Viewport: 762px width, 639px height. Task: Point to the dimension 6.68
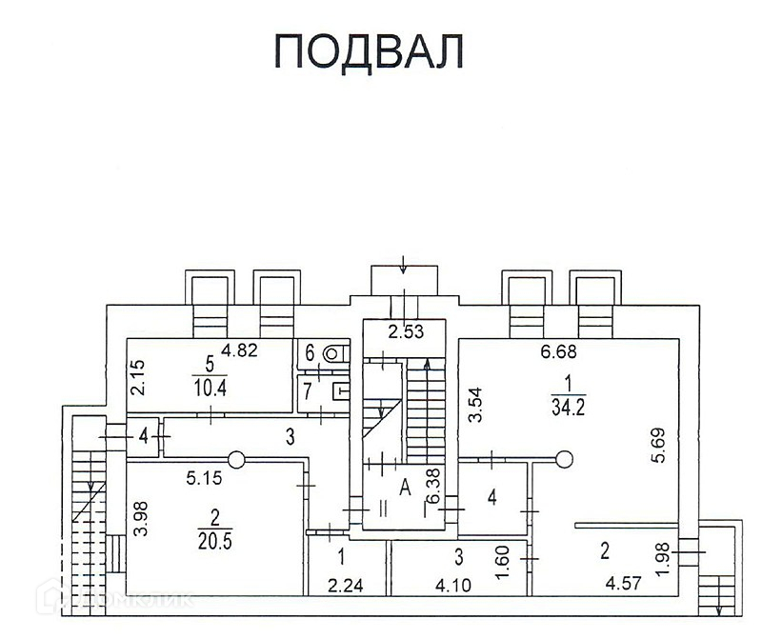561,352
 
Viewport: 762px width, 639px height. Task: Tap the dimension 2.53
405,332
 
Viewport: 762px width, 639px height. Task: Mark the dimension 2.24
346,586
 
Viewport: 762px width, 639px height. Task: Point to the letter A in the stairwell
404,488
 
